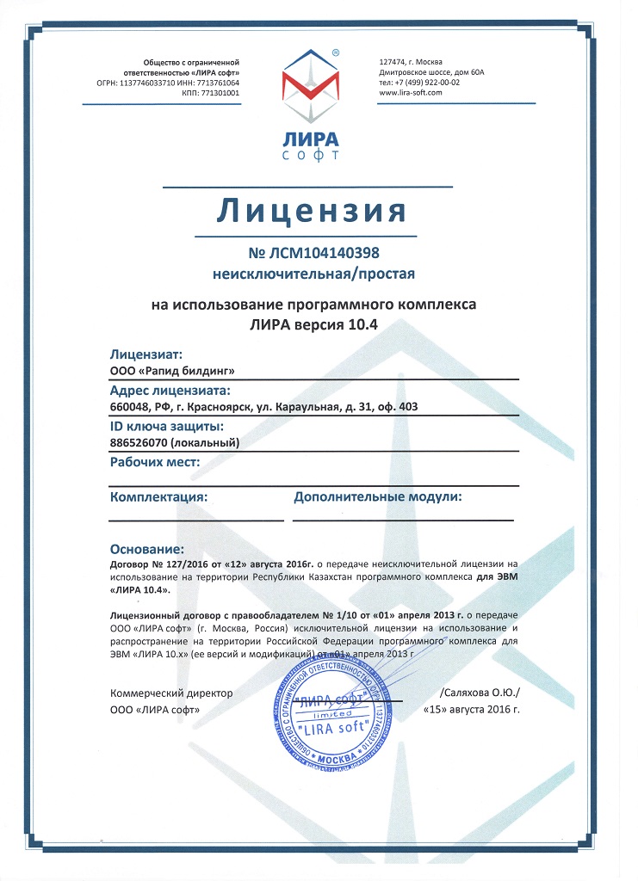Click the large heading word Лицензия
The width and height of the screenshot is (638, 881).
click(319, 209)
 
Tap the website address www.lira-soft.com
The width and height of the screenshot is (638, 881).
click(410, 93)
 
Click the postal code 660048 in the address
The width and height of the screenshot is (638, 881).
click(128, 407)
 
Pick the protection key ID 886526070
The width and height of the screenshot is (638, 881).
click(139, 443)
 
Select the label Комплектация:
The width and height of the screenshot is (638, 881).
click(159, 497)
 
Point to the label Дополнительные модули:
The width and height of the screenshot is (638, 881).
click(378, 497)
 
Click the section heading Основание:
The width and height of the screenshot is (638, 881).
click(147, 548)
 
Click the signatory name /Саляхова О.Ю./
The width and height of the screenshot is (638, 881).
click(480, 693)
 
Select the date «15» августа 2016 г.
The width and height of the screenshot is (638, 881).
click(473, 712)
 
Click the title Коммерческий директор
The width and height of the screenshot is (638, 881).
click(171, 693)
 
